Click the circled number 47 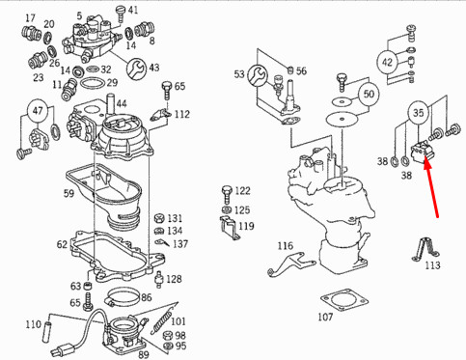click(38, 111)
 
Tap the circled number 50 click(369, 94)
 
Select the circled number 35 click(419, 113)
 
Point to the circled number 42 click(387, 62)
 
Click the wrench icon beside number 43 click(136, 69)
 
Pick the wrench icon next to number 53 click(258, 75)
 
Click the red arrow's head click(426, 162)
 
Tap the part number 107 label click(325, 317)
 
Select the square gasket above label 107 click(344, 300)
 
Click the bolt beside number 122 click(227, 194)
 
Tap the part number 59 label click(69, 193)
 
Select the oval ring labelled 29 click(93, 83)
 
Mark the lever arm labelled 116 click(290, 264)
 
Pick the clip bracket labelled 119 click(230, 227)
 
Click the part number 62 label click(62, 244)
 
